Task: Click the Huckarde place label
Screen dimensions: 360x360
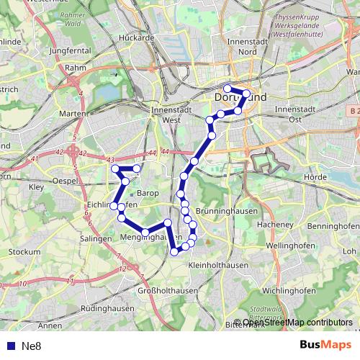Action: [137, 37]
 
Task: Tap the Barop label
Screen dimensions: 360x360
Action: [147, 193]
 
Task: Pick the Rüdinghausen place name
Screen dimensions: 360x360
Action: [108, 307]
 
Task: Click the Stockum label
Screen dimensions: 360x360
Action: [25, 252]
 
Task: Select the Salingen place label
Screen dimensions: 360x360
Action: [96, 238]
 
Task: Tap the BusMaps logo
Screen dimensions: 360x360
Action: [325, 345]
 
